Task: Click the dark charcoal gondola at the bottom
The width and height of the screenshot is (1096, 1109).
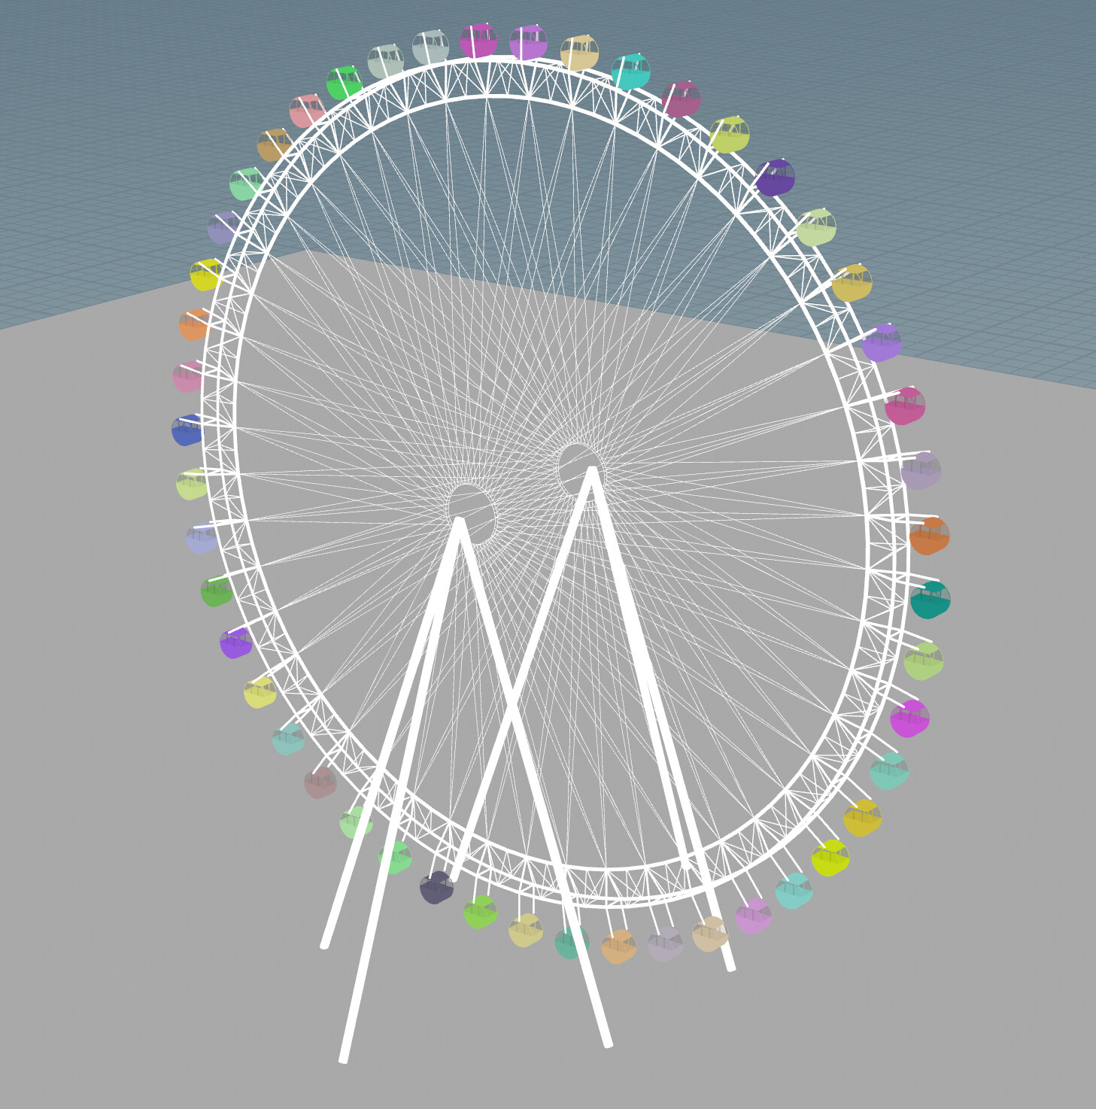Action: click(x=436, y=888)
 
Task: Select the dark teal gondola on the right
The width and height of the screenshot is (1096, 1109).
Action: click(x=930, y=600)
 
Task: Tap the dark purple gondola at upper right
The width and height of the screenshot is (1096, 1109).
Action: click(x=775, y=178)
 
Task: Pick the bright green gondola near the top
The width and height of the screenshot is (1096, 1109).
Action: click(x=345, y=83)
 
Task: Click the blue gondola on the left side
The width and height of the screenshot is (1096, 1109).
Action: click(x=187, y=431)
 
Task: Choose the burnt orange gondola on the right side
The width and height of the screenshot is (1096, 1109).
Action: click(x=929, y=536)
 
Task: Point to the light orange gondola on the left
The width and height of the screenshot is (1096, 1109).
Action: click(x=193, y=325)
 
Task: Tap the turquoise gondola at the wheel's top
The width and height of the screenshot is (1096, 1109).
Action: click(x=630, y=72)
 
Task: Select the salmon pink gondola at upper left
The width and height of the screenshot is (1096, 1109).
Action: click(x=307, y=111)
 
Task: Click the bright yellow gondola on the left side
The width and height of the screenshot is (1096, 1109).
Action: click(x=205, y=275)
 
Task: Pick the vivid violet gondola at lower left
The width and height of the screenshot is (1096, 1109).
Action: click(x=235, y=643)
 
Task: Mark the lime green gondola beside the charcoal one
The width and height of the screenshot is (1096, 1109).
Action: click(x=480, y=912)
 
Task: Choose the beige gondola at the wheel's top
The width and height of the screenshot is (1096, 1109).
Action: click(x=579, y=53)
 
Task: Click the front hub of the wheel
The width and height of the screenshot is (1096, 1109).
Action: click(x=471, y=513)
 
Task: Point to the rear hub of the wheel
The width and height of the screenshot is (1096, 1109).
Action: click(x=579, y=469)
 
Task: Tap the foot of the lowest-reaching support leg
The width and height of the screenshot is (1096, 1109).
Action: click(x=344, y=1059)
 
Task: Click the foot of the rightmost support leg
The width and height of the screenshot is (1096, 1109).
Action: click(x=730, y=968)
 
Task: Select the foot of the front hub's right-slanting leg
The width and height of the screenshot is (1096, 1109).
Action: click(x=608, y=1044)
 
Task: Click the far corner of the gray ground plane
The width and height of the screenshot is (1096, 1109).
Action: click(x=307, y=251)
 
